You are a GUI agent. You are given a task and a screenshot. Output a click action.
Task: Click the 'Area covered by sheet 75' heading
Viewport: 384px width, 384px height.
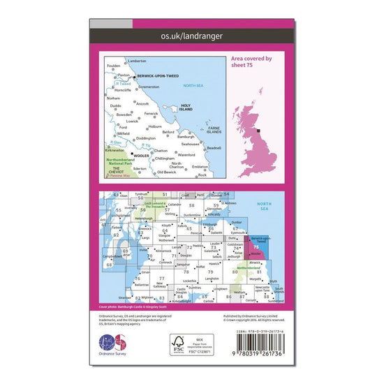[252, 64]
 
